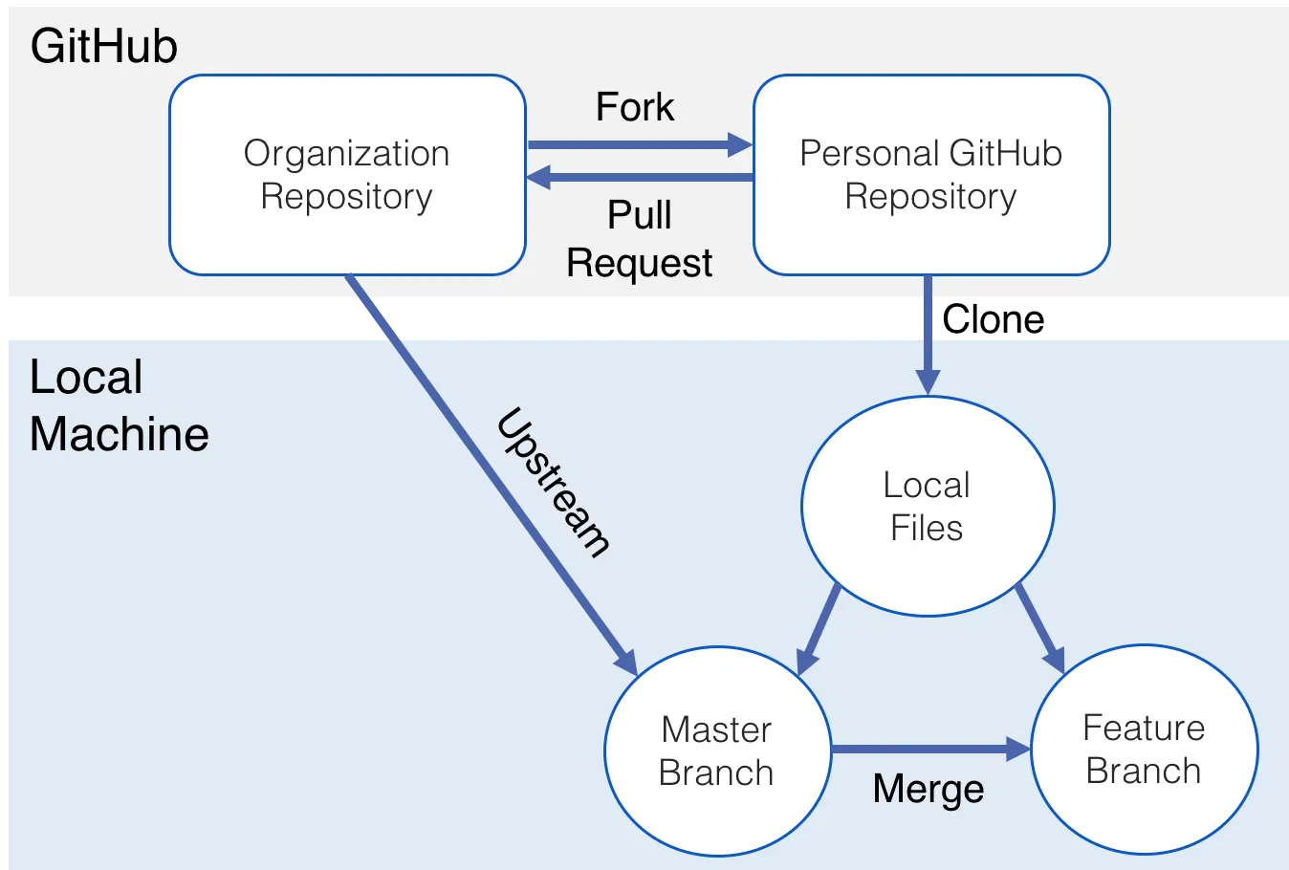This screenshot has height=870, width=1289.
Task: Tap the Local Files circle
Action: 927,506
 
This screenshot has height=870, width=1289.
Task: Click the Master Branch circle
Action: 717,751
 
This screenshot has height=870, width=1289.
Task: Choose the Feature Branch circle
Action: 1144,750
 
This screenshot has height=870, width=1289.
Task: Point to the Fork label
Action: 635,107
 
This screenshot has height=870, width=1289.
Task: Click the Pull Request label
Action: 639,239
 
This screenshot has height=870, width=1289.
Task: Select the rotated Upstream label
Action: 554,483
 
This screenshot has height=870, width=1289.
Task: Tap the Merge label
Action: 929,790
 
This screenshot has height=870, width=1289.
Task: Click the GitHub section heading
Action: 103,46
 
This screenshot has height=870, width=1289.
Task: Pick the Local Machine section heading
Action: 119,405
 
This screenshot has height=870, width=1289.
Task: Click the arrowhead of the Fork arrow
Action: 740,145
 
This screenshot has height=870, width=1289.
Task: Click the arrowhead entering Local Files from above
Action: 927,381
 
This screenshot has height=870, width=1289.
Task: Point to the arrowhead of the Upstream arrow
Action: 626,662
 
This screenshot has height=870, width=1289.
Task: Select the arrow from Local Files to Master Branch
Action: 819,628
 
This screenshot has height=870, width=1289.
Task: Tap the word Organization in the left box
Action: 346,153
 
